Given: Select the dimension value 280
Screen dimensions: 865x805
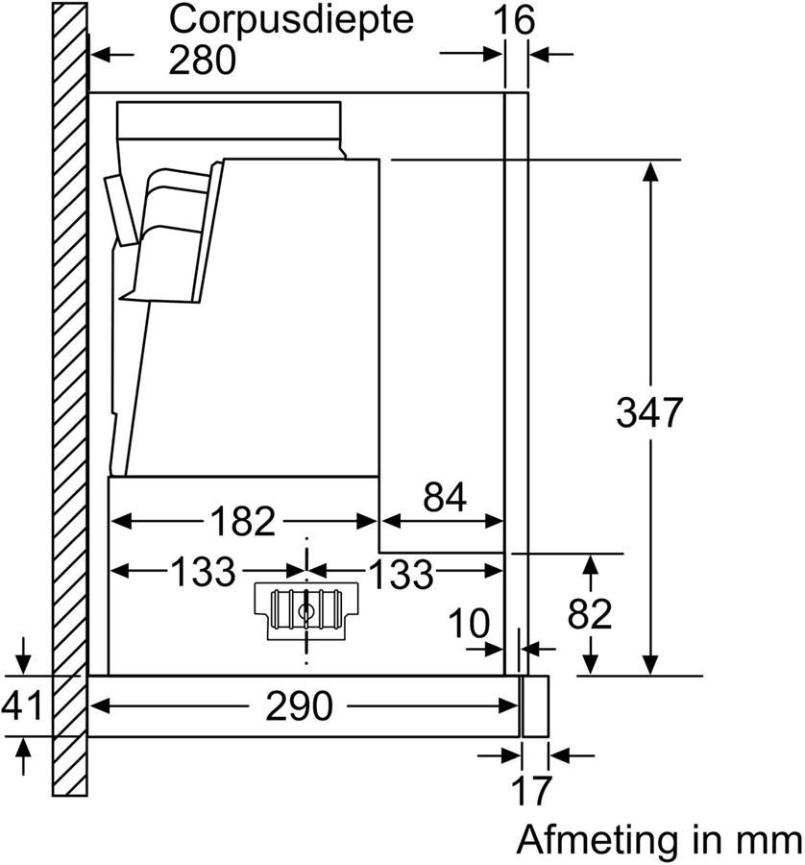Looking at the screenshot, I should coord(202,60).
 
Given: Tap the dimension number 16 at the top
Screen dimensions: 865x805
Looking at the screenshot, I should coord(516,19).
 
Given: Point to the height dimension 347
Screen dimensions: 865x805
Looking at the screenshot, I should coord(649,413).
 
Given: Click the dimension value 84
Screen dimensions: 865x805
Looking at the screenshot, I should coord(443,498).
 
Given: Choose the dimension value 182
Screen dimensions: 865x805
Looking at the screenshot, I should coord(243,521).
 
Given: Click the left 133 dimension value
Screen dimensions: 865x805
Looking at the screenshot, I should coord(203,573).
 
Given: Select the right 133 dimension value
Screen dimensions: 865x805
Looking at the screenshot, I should coord(401,574).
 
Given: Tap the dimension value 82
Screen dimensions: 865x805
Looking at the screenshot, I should coord(589,613).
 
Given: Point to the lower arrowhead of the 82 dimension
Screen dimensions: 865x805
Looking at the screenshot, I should coord(590,664).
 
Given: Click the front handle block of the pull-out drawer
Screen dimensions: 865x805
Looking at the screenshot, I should coord(534,706).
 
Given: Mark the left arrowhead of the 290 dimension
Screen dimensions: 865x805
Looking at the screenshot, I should coord(102,707).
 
